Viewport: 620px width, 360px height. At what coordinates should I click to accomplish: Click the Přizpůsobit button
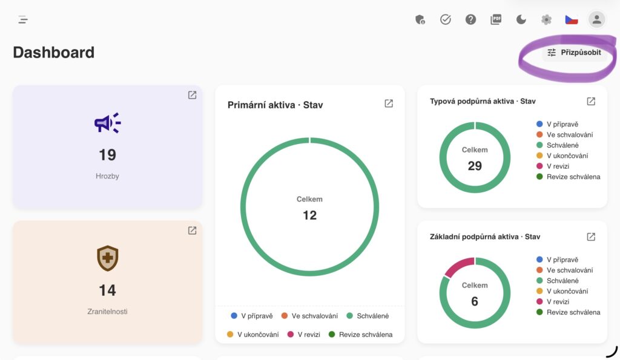pos(574,53)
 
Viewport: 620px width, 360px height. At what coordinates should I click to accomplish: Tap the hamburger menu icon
pos(23,19)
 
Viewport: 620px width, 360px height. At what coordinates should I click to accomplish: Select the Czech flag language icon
pos(572,19)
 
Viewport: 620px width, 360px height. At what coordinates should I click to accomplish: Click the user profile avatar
pos(596,19)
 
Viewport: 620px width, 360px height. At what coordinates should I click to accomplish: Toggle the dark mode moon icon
pos(521,19)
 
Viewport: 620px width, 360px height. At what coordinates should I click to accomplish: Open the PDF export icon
pos(496,19)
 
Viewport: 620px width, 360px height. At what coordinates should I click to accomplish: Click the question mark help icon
pos(470,19)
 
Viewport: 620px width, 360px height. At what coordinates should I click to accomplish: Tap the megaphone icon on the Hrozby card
pos(108,123)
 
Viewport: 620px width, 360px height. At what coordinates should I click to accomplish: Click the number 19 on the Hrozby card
pos(107,154)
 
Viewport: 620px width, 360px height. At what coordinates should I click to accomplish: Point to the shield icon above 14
pos(108,258)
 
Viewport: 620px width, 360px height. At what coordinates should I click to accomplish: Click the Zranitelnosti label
pos(107,312)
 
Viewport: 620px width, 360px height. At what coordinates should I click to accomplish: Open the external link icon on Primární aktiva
pos(389,103)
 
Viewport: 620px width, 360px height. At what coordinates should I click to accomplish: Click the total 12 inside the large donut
pos(309,215)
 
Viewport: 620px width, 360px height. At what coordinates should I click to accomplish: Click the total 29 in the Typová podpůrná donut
pos(475,166)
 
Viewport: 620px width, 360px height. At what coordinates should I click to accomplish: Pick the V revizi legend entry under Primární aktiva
pos(304,335)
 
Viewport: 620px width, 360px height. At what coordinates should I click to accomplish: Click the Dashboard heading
pos(54,52)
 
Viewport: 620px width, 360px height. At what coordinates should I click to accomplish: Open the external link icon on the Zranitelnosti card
pos(192,231)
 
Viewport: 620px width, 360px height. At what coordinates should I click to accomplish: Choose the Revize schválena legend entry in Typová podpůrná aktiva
pos(568,177)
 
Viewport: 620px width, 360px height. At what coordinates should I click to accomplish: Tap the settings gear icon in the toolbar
pos(547,19)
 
